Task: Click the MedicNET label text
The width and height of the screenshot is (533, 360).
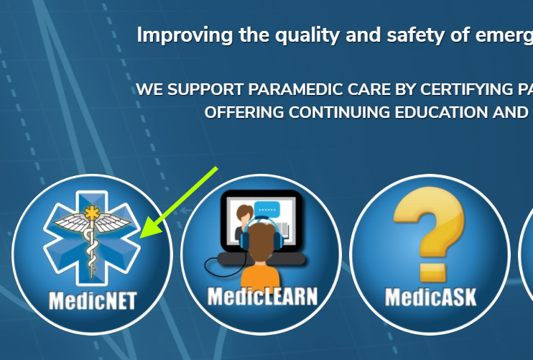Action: pyautogui.click(x=93, y=300)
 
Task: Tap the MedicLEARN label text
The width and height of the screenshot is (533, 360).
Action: pyautogui.click(x=262, y=297)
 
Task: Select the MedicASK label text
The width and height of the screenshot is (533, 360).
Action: pyautogui.click(x=430, y=297)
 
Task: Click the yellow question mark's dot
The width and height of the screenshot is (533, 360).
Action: pyautogui.click(x=432, y=273)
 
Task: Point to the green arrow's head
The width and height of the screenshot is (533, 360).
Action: pyautogui.click(x=151, y=227)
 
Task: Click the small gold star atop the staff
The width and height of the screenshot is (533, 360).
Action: pyautogui.click(x=92, y=213)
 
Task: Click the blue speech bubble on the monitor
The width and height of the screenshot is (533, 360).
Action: pyautogui.click(x=267, y=208)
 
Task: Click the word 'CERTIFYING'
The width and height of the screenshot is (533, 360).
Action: pyautogui.click(x=466, y=90)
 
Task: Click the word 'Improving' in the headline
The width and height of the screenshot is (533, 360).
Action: pyautogui.click(x=185, y=35)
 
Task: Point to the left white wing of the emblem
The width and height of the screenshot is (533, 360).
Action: pyautogui.click(x=70, y=222)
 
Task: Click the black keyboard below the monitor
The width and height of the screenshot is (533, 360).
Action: pyautogui.click(x=261, y=259)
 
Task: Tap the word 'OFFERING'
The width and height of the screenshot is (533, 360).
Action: pyautogui.click(x=244, y=113)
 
